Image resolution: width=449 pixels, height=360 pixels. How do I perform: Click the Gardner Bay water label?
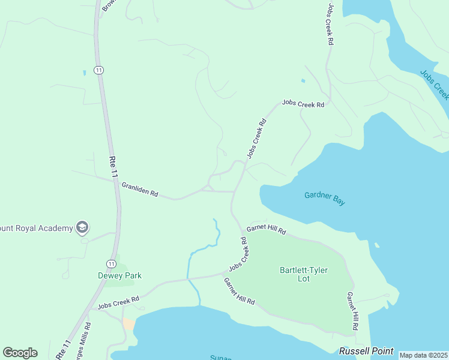pos(325,199)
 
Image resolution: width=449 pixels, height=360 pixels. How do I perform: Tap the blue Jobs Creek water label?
pos(434,85)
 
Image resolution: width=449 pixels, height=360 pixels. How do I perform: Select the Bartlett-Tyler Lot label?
pos(304,274)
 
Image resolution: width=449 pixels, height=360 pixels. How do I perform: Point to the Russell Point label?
pos(366,351)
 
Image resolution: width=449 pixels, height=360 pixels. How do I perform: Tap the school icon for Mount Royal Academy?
pos(82,227)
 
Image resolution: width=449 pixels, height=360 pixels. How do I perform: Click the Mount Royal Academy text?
pos(36,228)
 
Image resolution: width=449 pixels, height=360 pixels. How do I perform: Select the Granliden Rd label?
pos(140,190)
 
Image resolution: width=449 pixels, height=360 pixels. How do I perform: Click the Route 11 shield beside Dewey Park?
pos(111,263)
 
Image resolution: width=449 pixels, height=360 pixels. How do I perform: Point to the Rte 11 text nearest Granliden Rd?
pos(113,166)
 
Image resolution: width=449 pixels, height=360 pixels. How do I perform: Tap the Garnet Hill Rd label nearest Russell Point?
pos(352,311)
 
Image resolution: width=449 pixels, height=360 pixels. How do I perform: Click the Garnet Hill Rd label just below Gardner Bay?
pos(266,230)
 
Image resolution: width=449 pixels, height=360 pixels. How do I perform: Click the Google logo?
pos(20,352)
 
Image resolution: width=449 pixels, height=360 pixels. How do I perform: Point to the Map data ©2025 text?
pos(423,355)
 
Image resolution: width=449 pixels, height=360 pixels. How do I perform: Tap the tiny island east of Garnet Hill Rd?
pos(376,245)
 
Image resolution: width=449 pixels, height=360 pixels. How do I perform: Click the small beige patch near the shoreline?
pos(129,324)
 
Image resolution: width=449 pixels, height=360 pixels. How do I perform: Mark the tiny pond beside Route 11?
pos(85,73)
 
